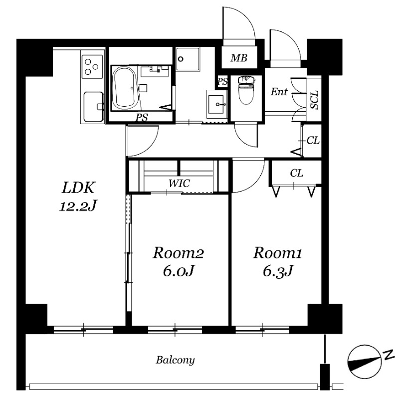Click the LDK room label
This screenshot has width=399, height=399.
point(79,188)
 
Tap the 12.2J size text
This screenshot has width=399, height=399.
point(79,206)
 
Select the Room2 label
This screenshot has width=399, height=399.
point(179,253)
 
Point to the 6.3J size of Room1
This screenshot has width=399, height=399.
point(278,271)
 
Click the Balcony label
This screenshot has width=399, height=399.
point(176,360)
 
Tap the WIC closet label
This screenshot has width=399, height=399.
point(179,183)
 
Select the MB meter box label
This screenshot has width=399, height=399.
point(239,58)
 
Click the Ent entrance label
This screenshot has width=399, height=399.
point(279,92)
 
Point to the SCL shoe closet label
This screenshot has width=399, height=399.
point(315,99)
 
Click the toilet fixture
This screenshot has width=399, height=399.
point(246,90)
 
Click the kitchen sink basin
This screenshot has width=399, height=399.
point(93,107)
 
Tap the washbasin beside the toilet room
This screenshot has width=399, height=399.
point(217,104)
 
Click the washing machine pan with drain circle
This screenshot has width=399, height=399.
point(188,59)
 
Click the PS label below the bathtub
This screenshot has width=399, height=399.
point(142,118)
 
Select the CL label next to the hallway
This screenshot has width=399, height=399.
point(313,141)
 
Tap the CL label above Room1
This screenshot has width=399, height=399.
point(296,173)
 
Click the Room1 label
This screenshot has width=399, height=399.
point(278,253)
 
